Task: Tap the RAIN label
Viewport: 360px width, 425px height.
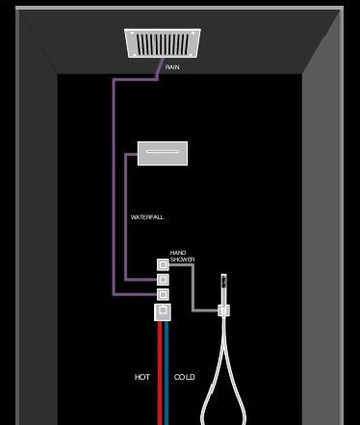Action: [172, 67]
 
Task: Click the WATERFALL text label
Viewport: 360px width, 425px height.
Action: [147, 217]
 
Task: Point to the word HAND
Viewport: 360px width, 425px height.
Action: [177, 252]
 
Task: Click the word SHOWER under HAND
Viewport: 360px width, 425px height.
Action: [183, 259]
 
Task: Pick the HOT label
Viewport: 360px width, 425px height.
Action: [141, 377]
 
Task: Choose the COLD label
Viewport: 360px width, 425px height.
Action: [185, 377]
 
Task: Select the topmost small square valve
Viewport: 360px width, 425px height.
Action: [163, 263]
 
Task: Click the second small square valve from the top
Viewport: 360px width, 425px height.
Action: [163, 279]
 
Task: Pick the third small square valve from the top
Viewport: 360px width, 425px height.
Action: [163, 294]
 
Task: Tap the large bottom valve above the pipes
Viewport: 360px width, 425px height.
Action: [163, 312]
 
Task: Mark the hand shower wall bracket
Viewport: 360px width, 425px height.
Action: [223, 310]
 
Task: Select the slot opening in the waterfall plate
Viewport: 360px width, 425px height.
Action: [162, 150]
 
